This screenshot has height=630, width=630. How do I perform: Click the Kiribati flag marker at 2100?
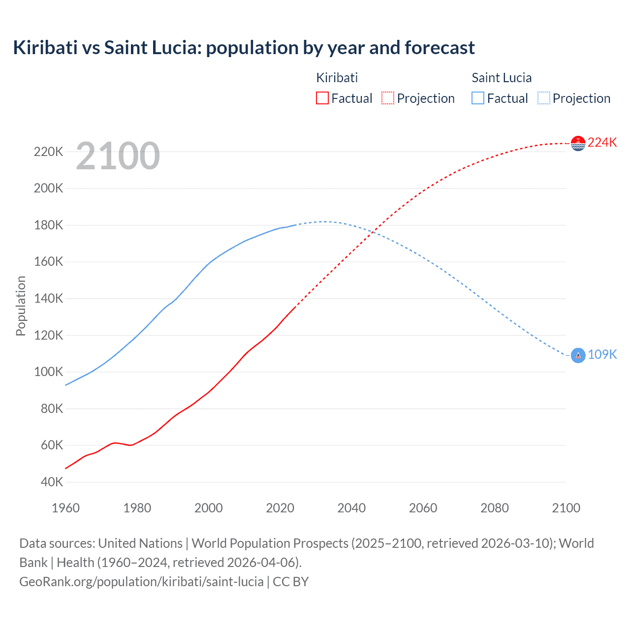[578, 143]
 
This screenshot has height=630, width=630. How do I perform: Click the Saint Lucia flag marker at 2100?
[578, 355]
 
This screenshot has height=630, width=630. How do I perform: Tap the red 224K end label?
[602, 142]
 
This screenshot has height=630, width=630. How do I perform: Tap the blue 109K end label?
[602, 354]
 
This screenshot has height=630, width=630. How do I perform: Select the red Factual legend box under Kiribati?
[322, 98]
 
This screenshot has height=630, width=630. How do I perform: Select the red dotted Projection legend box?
[388, 98]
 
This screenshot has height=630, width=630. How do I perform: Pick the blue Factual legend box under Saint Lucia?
[477, 98]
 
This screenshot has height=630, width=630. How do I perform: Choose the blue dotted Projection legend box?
[543, 98]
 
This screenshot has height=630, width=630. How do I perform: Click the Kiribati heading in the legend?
[337, 78]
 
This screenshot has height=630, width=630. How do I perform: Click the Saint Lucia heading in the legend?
[501, 78]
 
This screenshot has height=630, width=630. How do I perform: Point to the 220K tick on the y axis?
[48, 152]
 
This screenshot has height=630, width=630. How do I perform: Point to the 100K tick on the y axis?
[48, 372]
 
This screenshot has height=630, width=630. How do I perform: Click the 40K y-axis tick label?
[51, 482]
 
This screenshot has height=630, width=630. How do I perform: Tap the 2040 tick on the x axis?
[351, 508]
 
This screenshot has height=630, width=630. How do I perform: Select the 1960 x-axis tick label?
[65, 508]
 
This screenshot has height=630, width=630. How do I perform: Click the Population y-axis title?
[21, 306]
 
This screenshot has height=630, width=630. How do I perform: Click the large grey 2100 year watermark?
[118, 156]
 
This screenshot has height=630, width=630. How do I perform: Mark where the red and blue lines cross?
[376, 230]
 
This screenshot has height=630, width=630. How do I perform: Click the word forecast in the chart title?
[440, 48]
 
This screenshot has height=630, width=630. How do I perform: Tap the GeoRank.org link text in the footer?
[141, 581]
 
